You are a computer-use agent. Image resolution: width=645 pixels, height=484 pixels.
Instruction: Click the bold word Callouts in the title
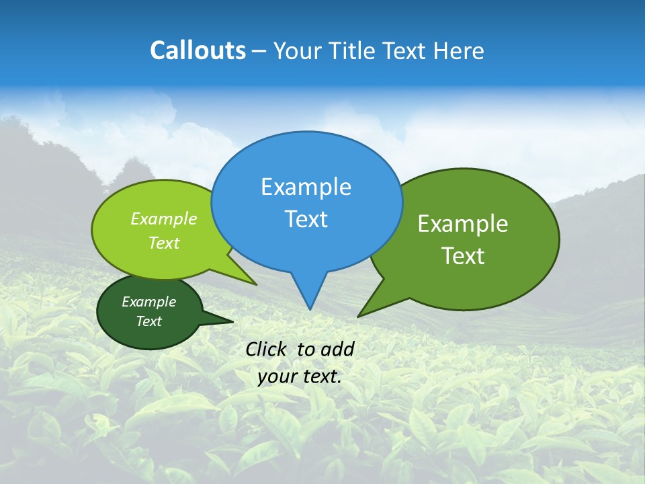(x=198, y=50)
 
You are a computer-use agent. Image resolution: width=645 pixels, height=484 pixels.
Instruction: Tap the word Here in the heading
(x=458, y=50)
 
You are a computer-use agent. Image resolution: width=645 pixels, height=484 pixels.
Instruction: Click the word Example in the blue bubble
(x=306, y=187)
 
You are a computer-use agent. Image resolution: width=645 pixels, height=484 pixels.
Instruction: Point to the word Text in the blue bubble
(x=306, y=219)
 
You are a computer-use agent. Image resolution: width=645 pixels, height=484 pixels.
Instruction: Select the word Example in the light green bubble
(x=164, y=218)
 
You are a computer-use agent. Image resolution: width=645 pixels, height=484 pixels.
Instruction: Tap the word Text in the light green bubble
(x=164, y=243)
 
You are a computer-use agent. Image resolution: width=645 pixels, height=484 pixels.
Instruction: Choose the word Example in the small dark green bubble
(x=148, y=302)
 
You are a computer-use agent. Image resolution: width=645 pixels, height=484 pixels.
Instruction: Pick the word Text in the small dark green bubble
(x=148, y=321)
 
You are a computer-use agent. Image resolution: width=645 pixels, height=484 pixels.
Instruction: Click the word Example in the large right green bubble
(x=463, y=224)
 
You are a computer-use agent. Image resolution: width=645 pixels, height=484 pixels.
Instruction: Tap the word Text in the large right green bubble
(x=463, y=256)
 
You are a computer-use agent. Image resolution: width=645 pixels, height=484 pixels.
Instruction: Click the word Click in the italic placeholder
(x=266, y=349)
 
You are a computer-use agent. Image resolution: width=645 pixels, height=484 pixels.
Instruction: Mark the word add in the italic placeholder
(x=337, y=349)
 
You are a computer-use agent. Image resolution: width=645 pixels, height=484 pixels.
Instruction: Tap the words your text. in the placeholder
(x=300, y=376)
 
